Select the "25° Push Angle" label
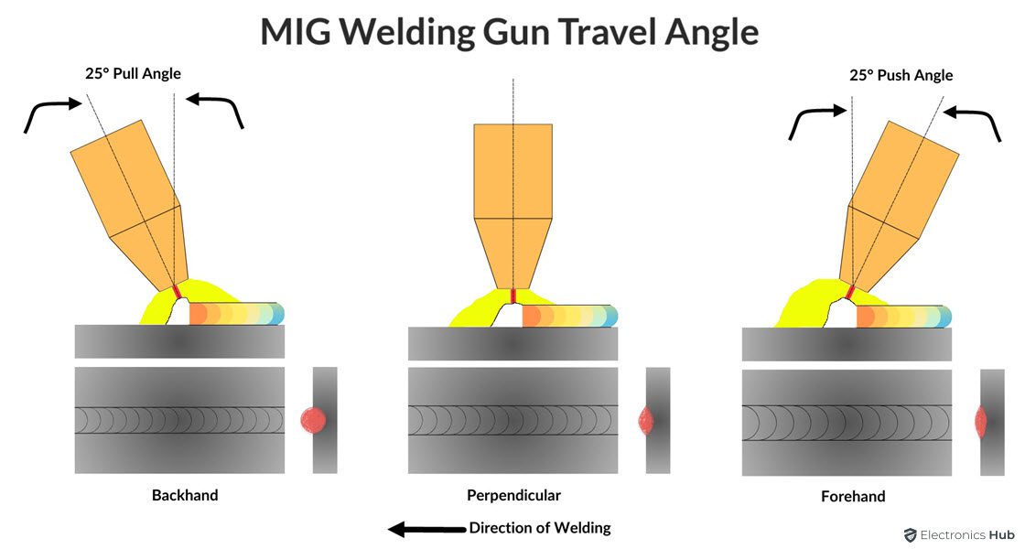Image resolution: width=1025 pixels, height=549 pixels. click(x=901, y=75)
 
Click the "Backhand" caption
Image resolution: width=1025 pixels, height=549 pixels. click(x=185, y=495)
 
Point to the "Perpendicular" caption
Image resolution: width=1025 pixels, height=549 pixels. click(x=512, y=495)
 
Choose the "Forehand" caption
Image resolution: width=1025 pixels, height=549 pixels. click(x=853, y=497)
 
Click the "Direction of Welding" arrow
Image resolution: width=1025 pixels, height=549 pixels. click(x=426, y=529)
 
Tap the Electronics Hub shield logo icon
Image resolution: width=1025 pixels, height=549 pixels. click(x=911, y=534)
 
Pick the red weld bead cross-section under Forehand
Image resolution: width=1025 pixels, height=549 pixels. click(x=981, y=421)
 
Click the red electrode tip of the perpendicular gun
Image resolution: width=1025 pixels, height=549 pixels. click(x=513, y=296)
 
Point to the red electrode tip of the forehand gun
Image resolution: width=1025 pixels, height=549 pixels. click(x=850, y=292)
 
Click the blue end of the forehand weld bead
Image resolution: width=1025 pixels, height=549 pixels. click(x=945, y=316)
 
